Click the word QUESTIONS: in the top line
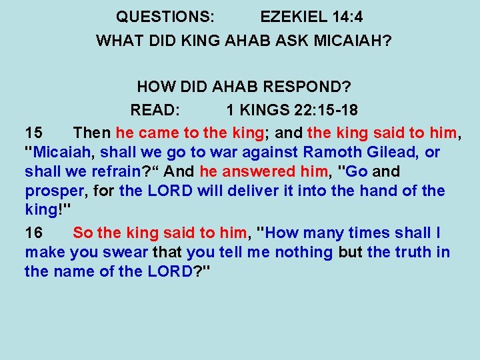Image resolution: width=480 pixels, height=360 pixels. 165,16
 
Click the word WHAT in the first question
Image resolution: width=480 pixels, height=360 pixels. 117,41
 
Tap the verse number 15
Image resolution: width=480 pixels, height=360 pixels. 34,132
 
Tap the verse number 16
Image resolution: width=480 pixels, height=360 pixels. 34,233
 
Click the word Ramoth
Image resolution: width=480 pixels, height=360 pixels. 330,152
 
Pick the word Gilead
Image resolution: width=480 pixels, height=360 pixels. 389,152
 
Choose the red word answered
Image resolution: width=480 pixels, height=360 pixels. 256,172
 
